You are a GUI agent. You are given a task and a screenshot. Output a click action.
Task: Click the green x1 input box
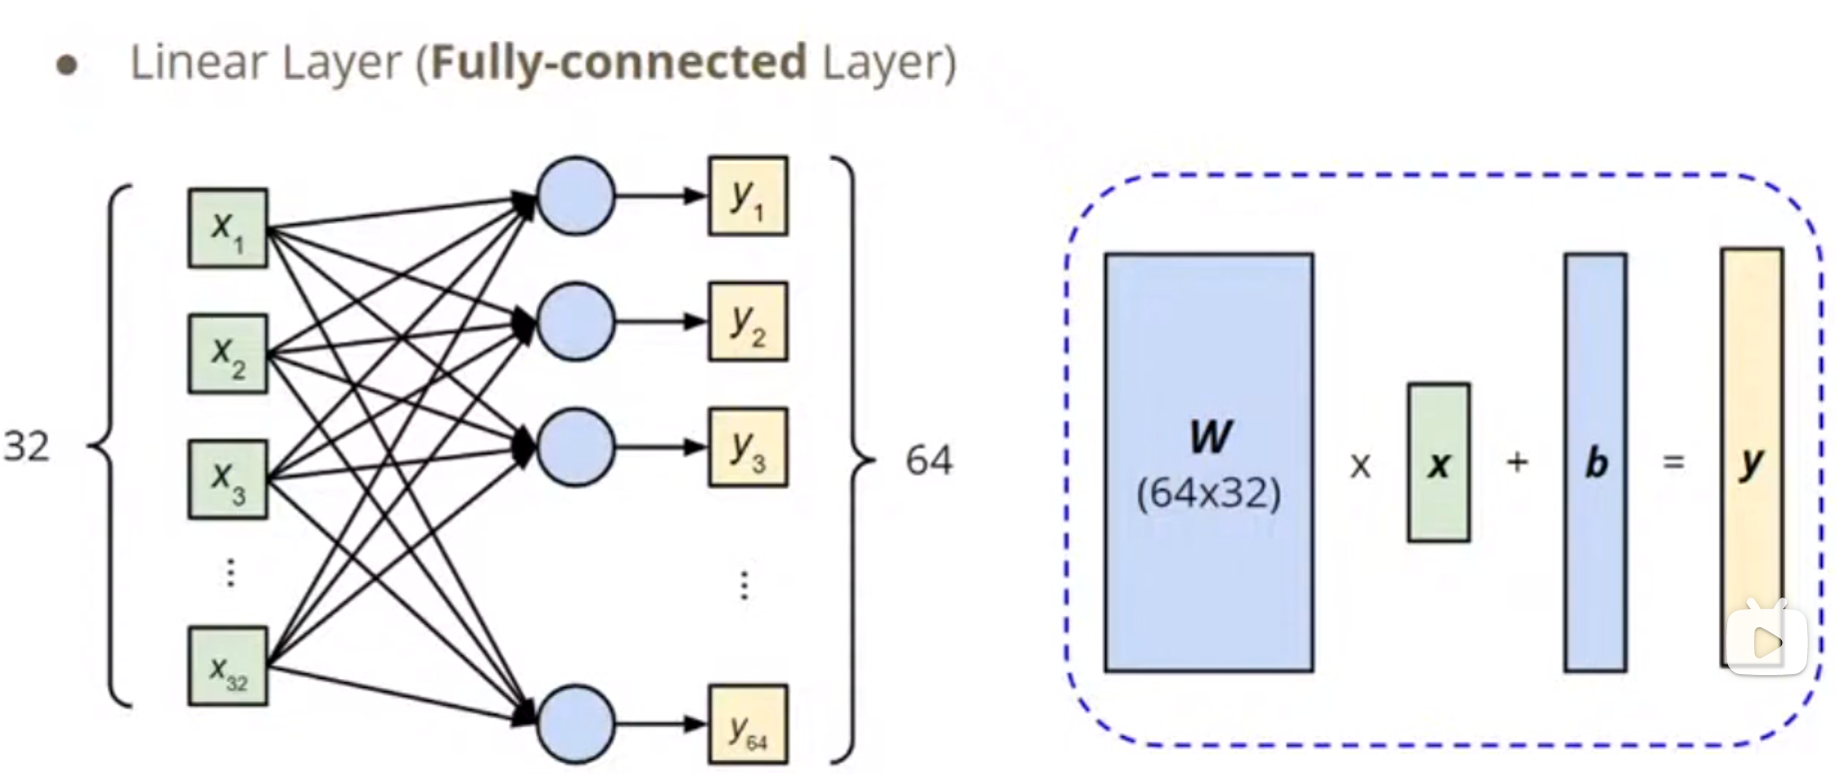coord(228,228)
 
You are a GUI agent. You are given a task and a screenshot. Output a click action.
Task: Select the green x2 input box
coord(228,354)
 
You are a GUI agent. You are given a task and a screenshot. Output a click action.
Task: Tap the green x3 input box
coord(228,479)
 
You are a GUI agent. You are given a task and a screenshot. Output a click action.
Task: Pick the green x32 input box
coord(228,666)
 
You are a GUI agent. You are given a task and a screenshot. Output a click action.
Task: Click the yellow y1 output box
coord(748,196)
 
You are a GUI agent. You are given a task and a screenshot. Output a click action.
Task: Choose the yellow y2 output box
coord(748,321)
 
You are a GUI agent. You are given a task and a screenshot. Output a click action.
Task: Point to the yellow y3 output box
coord(748,446)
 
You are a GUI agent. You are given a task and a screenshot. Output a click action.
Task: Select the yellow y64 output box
coord(748,724)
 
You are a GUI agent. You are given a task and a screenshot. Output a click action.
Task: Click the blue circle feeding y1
coord(575,196)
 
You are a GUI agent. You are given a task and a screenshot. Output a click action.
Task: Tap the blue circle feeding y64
coord(575,723)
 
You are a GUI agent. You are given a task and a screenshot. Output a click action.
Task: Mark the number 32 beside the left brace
coord(27,446)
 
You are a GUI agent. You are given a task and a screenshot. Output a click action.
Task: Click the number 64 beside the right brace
coord(928,460)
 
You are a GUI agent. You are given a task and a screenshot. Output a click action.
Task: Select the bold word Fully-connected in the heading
coord(618,62)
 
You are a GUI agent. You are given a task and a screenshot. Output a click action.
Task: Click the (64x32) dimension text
coord(1208,492)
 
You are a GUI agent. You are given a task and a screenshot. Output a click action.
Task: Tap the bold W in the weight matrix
coord(1210,436)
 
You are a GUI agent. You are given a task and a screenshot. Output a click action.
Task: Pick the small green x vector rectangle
coord(1438,462)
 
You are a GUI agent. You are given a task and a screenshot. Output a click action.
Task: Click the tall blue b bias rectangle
coord(1594,462)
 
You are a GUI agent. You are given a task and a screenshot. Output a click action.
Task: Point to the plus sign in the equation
coord(1517,461)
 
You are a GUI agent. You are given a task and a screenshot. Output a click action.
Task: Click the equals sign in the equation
coord(1673,461)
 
